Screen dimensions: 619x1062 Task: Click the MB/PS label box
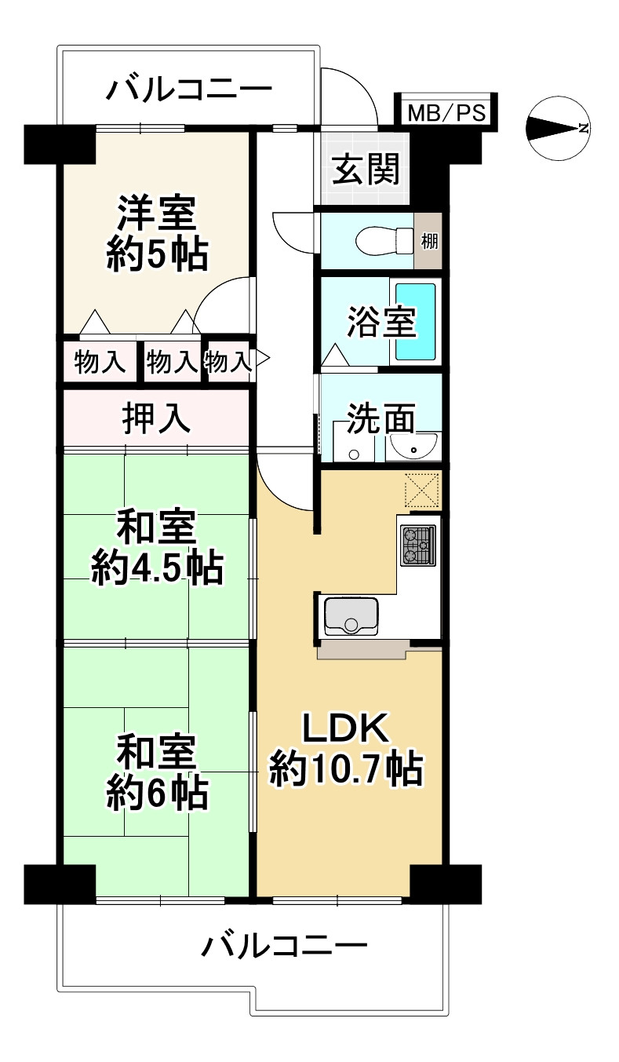(x=446, y=112)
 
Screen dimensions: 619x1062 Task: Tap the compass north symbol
(x=558, y=129)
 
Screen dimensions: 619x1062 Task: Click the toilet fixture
(x=385, y=241)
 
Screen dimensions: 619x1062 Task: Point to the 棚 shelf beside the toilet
(x=429, y=241)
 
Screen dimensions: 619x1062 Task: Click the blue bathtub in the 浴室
(x=416, y=322)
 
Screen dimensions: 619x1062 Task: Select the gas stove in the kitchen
(x=418, y=546)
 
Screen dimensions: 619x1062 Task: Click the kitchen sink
(x=351, y=616)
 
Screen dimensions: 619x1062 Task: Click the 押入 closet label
(x=156, y=418)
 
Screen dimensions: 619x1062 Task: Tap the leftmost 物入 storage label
(x=100, y=363)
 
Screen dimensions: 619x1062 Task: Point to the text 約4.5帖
(x=157, y=567)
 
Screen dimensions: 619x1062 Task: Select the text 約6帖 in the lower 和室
(x=157, y=793)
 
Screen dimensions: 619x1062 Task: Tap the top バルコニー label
(x=189, y=89)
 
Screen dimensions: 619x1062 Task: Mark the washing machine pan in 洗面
(x=354, y=443)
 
